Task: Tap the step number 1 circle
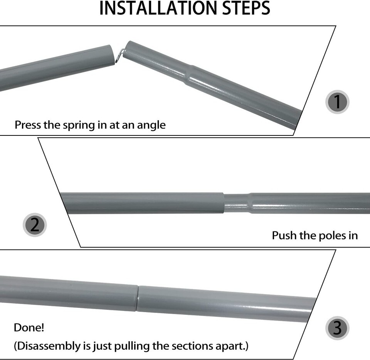pos(337,102)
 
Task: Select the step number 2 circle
pos(35,225)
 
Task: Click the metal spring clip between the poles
pos(120,55)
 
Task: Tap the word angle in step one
pos(151,125)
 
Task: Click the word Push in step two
pos(283,235)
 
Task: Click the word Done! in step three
pos(29,328)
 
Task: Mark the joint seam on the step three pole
pos(138,298)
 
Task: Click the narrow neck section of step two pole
pos(237,203)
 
